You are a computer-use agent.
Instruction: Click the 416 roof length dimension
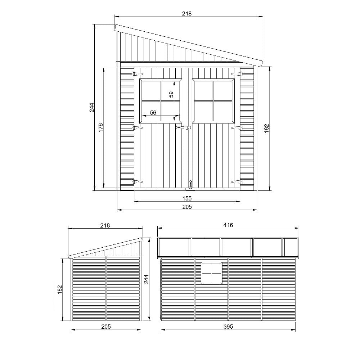point(228,225)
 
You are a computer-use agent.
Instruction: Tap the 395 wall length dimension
point(228,327)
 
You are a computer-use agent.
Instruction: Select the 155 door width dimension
point(187,198)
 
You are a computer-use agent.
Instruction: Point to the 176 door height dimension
point(100,128)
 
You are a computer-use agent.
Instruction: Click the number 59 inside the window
point(171,94)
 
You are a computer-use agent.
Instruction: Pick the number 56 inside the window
point(153,112)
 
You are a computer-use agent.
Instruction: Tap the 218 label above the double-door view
point(186,14)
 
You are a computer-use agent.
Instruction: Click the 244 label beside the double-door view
point(91,107)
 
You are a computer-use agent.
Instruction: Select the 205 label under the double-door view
point(187,207)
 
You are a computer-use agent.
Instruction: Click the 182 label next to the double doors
point(266,129)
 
